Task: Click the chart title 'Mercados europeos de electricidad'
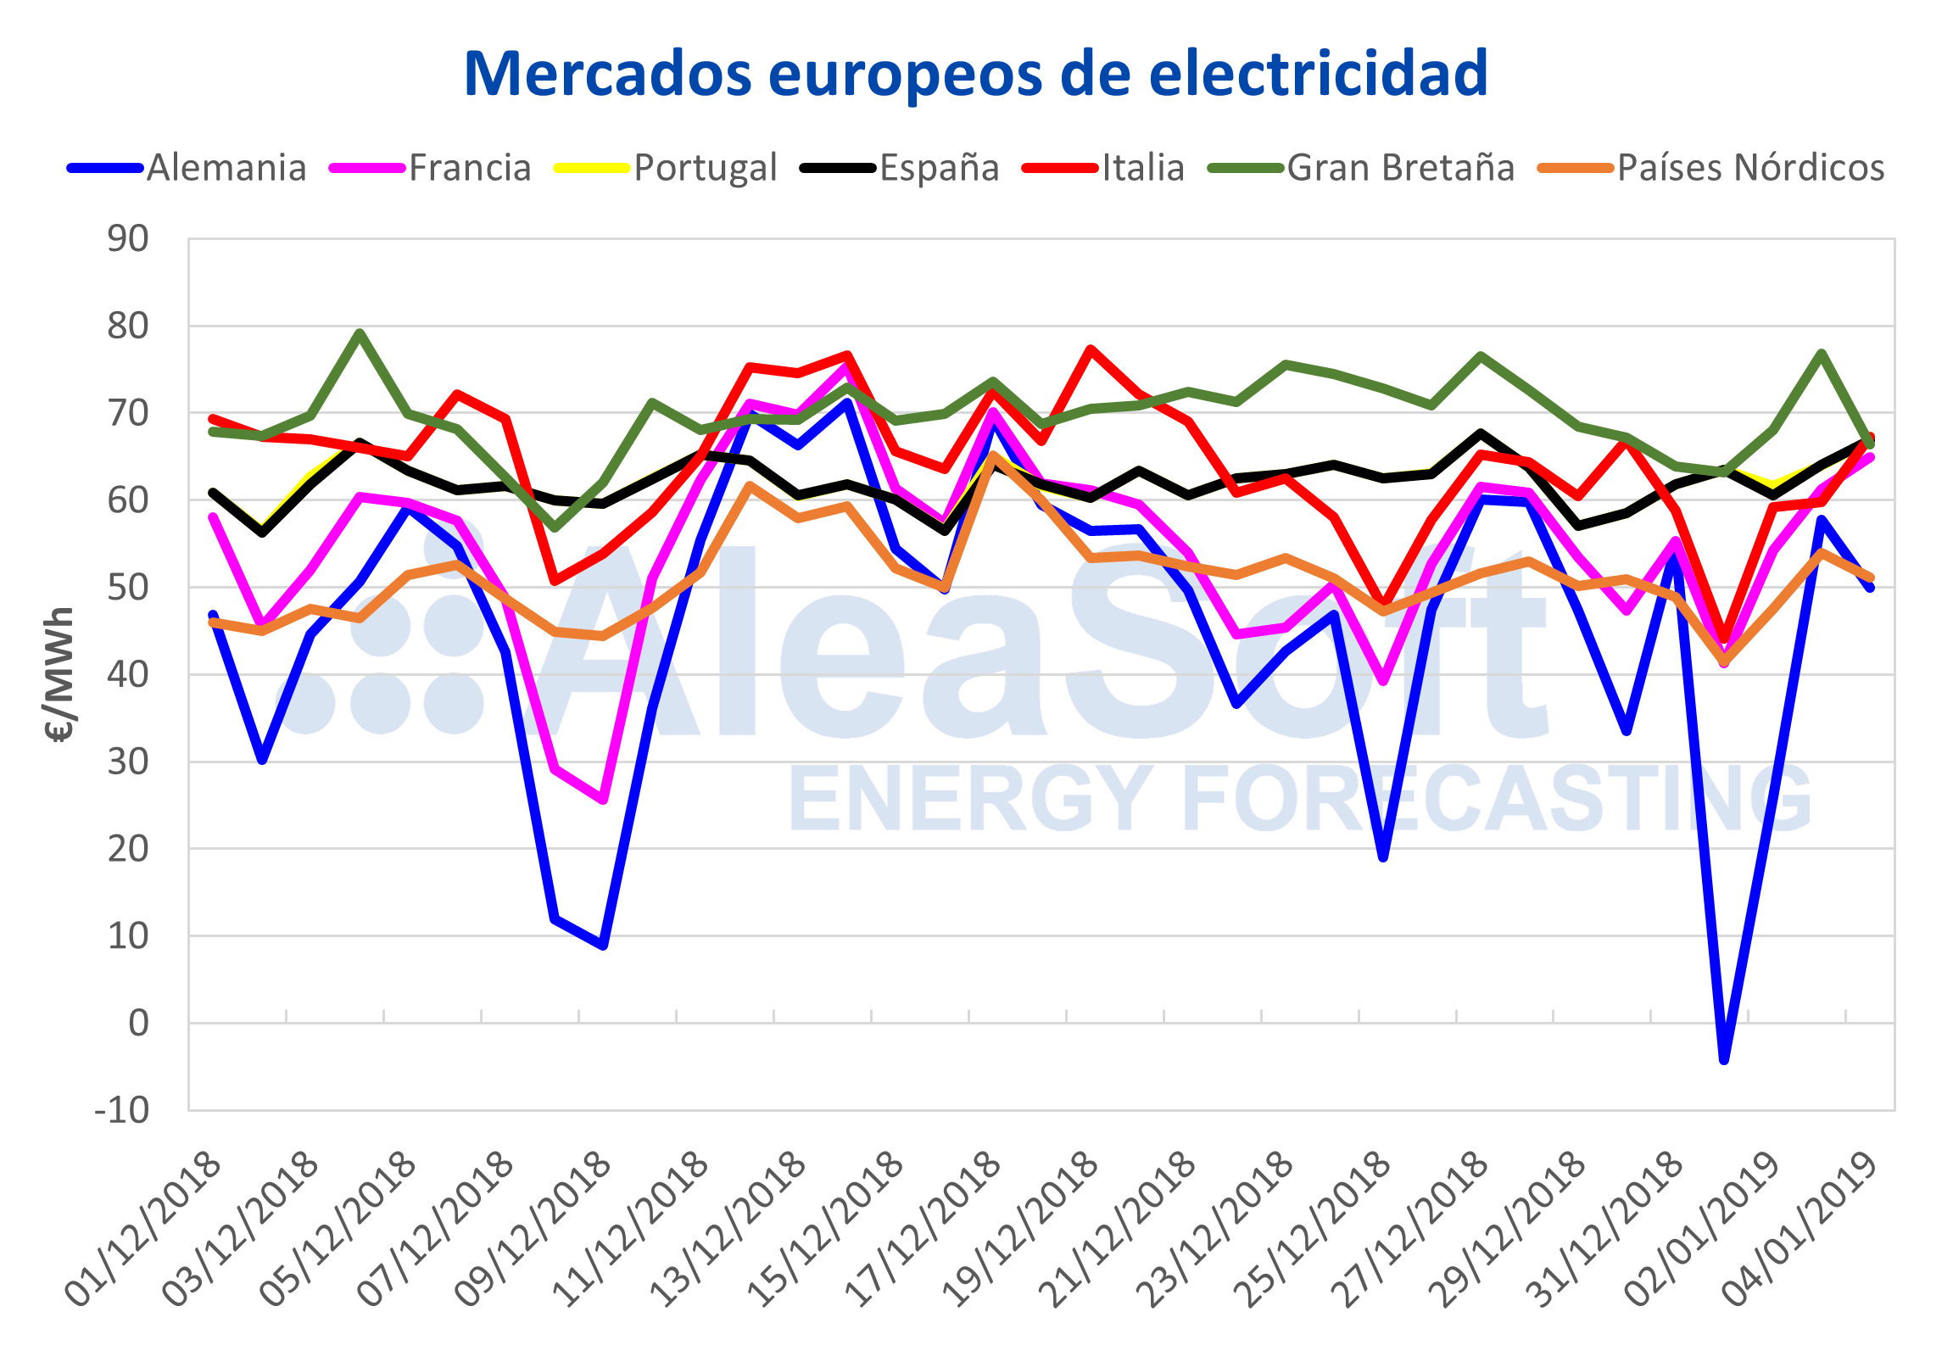click(975, 75)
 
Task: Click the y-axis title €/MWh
click(59, 674)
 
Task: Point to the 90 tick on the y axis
click(127, 239)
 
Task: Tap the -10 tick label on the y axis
click(121, 1110)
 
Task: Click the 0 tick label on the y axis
click(137, 1024)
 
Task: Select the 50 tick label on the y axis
click(127, 587)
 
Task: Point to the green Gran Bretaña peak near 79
click(360, 332)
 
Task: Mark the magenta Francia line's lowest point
click(603, 801)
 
